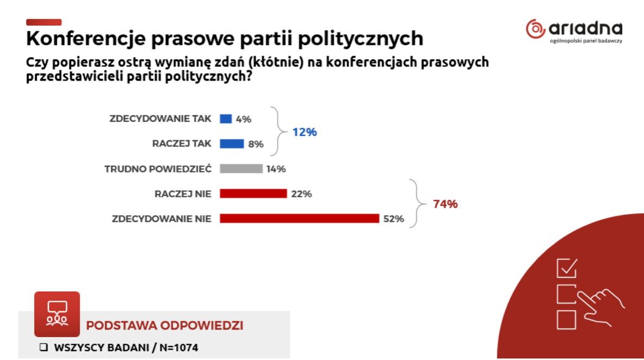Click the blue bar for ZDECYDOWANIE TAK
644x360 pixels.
click(x=226, y=119)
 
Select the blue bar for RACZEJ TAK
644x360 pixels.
click(x=232, y=144)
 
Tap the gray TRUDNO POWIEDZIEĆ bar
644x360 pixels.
click(x=241, y=169)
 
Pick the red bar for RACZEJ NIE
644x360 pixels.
click(x=253, y=194)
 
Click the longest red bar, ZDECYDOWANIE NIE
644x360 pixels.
click(x=299, y=219)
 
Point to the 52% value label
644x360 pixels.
click(x=394, y=219)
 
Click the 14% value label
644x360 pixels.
click(x=276, y=169)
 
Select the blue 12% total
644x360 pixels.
click(x=304, y=132)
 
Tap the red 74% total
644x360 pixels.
click(x=445, y=204)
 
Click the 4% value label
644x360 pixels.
click(x=244, y=119)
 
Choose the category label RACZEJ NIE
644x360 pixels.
click(x=183, y=194)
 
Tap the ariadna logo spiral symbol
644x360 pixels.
click(x=535, y=28)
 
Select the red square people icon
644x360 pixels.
click(x=57, y=314)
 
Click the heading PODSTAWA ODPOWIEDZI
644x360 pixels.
click(x=165, y=326)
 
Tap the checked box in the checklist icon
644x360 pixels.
click(x=567, y=268)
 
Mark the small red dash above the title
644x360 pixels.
click(x=44, y=22)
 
